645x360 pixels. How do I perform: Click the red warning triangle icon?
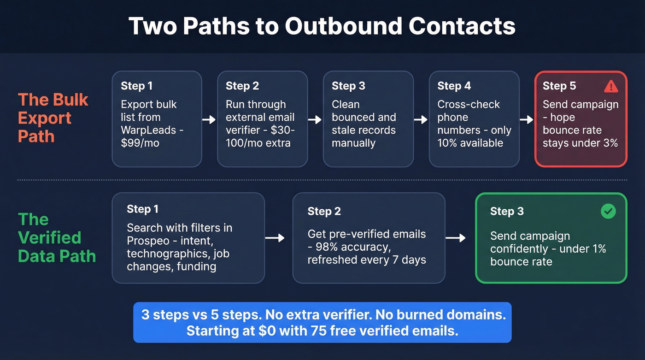pyautogui.click(x=611, y=86)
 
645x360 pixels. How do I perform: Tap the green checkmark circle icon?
pyautogui.click(x=608, y=211)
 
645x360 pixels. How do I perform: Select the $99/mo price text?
pyautogui.click(x=140, y=143)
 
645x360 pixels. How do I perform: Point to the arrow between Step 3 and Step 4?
pyautogui.click(x=421, y=119)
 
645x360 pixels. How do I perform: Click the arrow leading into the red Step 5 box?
pyautogui.click(x=527, y=119)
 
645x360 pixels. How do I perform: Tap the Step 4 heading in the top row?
pyautogui.click(x=454, y=86)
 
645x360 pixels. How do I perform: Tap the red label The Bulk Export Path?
pyautogui.click(x=53, y=118)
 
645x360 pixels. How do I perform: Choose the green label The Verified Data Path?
pyautogui.click(x=56, y=237)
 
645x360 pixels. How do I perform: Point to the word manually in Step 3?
pyautogui.click(x=353, y=143)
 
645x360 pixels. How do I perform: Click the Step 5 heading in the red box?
pyautogui.click(x=559, y=86)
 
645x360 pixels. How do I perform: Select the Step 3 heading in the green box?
pyautogui.click(x=507, y=211)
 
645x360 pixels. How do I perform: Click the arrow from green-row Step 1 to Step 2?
pyautogui.click(x=275, y=237)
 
